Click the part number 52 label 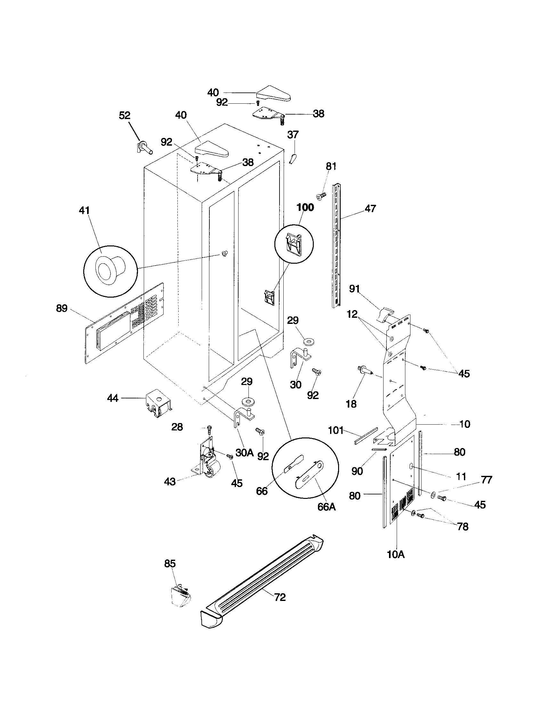click(125, 115)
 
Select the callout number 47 click(370, 209)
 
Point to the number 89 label click(61, 308)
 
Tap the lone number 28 click(177, 427)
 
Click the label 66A click(326, 507)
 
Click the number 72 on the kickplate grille click(280, 597)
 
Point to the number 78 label click(463, 526)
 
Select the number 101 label click(336, 430)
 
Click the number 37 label click(293, 135)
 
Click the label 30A click(244, 453)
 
